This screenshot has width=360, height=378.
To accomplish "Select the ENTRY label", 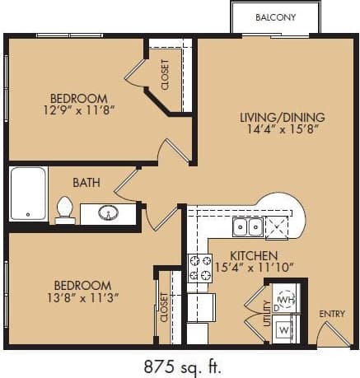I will coord(332,314).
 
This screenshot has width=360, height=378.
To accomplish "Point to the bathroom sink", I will coord(108,213).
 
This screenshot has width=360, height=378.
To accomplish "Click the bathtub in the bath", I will coord(28,194).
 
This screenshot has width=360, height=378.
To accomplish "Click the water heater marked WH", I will coord(286,298).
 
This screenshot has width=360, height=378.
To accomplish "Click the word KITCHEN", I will coord(254,255).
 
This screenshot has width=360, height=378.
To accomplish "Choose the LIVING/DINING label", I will coord(270,116).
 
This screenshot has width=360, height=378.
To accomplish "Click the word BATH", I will coord(86,182).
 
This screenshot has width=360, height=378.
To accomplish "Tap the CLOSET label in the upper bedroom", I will coord(165,74).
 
